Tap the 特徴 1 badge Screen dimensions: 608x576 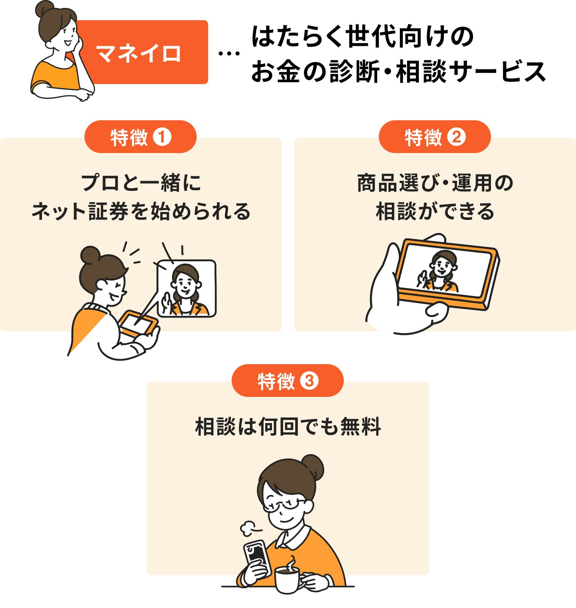click(x=140, y=137)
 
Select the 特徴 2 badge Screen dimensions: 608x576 click(x=435, y=137)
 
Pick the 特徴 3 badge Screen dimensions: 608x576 click(x=288, y=381)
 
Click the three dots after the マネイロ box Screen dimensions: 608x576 click(x=229, y=54)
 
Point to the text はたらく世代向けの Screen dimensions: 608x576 click(x=362, y=37)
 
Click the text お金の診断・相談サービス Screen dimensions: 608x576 click(x=398, y=71)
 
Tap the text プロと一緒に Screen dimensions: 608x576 click(x=140, y=183)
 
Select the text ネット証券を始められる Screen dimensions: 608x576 click(x=140, y=211)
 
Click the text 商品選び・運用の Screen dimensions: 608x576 click(x=435, y=183)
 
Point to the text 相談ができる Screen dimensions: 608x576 click(x=435, y=211)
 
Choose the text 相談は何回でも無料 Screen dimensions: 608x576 click(x=288, y=427)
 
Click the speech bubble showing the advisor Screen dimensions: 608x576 click(x=187, y=288)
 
